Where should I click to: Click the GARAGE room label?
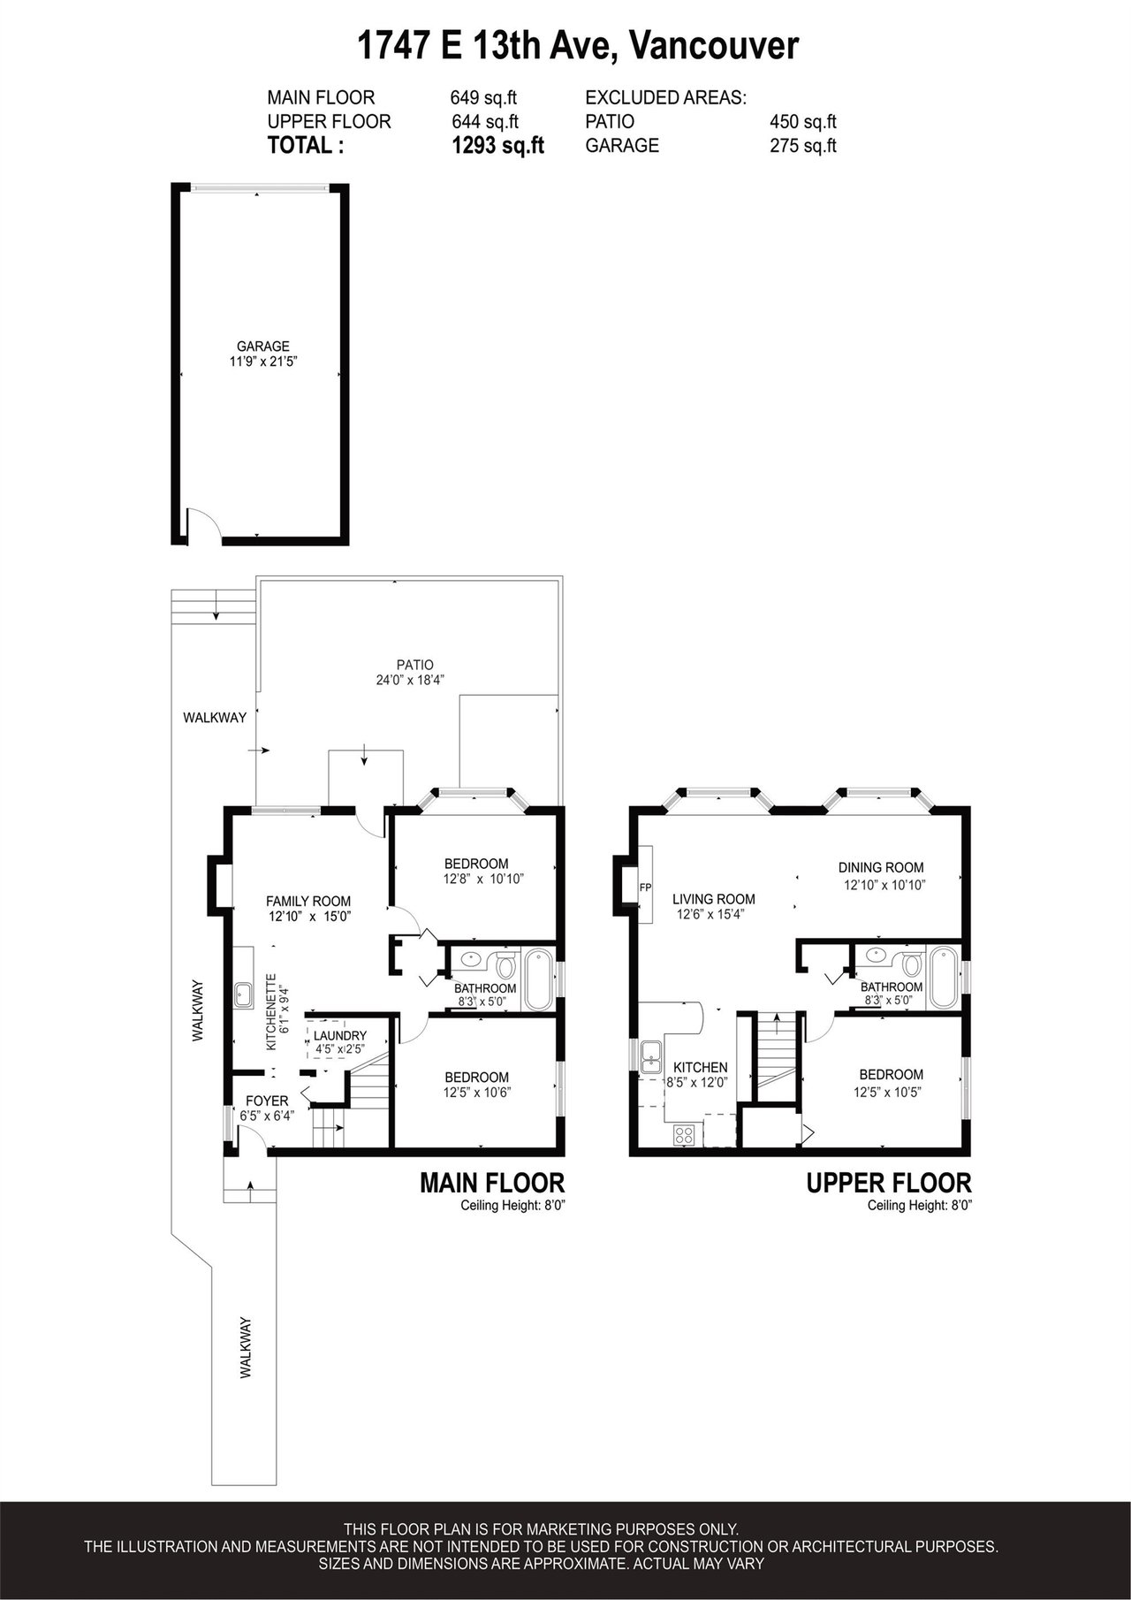(x=262, y=347)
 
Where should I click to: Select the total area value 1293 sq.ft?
(x=497, y=147)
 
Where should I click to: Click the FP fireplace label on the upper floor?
(x=645, y=887)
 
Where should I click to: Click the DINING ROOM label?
(x=881, y=868)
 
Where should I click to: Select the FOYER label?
(x=267, y=1101)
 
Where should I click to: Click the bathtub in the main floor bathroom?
(x=539, y=980)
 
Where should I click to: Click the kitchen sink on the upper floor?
(x=652, y=1056)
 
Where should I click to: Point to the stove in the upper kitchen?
(x=685, y=1134)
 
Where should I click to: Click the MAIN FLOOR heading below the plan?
(x=491, y=1183)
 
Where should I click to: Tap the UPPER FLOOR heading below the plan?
(x=889, y=1183)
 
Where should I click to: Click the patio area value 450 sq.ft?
(x=803, y=122)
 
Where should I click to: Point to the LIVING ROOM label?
(x=714, y=900)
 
